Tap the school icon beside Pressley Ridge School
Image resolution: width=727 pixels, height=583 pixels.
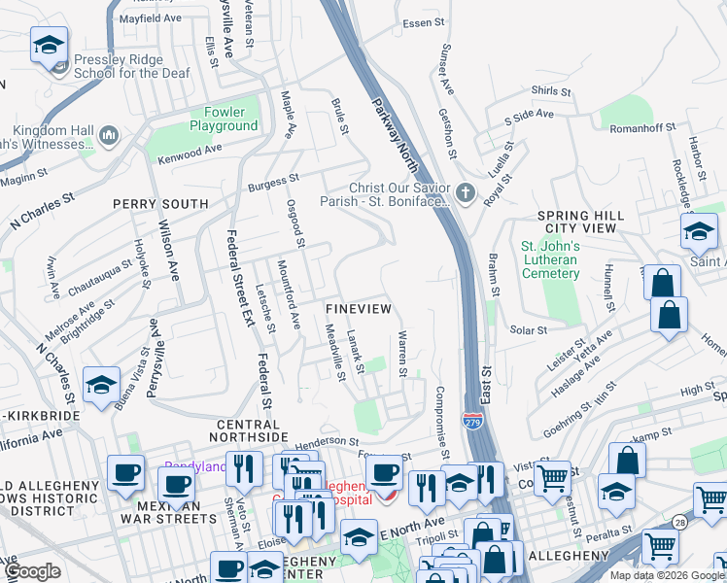click(x=49, y=45)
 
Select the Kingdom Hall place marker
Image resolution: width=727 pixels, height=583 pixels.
click(x=108, y=135)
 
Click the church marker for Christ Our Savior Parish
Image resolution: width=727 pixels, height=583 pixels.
click(x=465, y=192)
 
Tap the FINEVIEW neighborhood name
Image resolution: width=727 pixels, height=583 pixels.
click(x=359, y=308)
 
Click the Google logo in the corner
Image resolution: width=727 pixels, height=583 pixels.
click(x=32, y=571)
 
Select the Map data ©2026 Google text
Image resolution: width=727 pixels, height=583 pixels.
click(x=667, y=575)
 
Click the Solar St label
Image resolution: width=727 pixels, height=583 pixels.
click(x=529, y=330)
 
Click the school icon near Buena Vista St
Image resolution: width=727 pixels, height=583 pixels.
click(x=102, y=385)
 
